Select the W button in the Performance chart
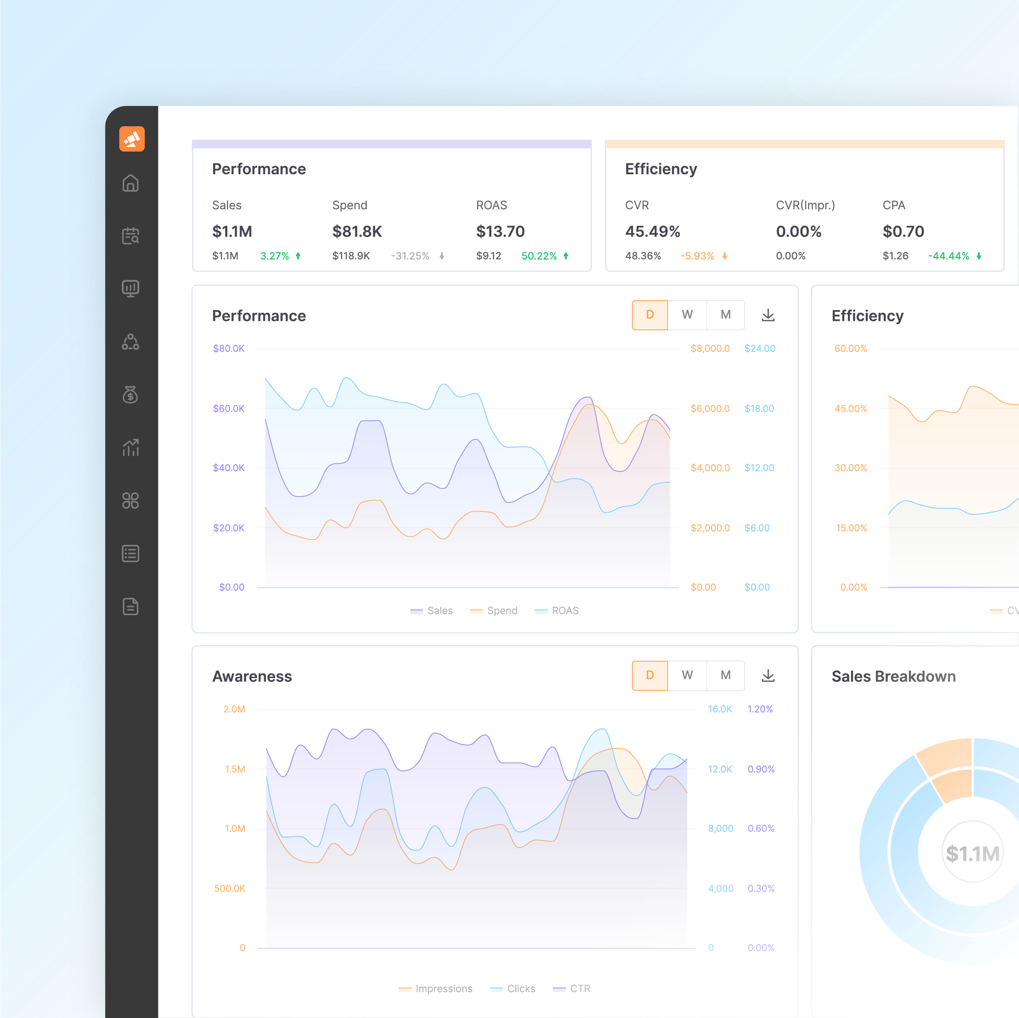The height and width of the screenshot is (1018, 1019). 687,315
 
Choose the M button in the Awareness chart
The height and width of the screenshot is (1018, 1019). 725,675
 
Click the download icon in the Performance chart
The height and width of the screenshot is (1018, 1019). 768,315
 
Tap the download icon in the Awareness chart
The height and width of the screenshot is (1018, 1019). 768,676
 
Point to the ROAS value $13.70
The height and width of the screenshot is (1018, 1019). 500,231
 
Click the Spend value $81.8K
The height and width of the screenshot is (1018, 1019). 357,231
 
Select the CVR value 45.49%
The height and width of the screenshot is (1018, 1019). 652,231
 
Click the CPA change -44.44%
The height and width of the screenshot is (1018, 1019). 949,256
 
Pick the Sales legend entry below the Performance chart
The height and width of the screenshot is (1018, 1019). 432,610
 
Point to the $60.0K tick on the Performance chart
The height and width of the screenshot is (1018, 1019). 229,408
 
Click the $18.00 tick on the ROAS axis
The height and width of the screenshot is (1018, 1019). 759,408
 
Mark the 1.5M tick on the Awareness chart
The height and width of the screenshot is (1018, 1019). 235,769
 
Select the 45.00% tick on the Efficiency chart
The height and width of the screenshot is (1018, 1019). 850,408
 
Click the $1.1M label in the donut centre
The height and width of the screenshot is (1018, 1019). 972,853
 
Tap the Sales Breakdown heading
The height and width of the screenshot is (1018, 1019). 894,676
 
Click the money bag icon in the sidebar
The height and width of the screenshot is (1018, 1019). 130,394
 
